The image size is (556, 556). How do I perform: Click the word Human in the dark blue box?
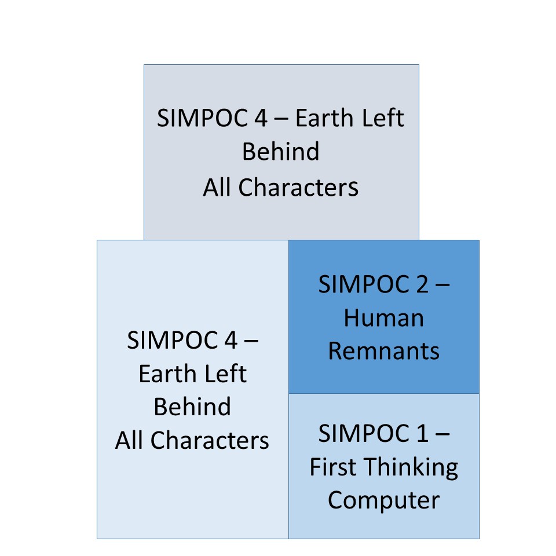click(x=383, y=318)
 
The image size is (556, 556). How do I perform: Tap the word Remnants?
click(x=383, y=351)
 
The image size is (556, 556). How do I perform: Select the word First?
click(x=331, y=467)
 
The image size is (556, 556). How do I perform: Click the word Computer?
click(x=383, y=500)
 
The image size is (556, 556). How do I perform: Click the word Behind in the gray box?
click(x=281, y=152)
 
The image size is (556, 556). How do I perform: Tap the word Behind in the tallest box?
click(x=192, y=407)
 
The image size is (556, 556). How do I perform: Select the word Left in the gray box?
click(x=383, y=118)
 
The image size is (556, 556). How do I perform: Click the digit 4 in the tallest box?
click(x=231, y=340)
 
